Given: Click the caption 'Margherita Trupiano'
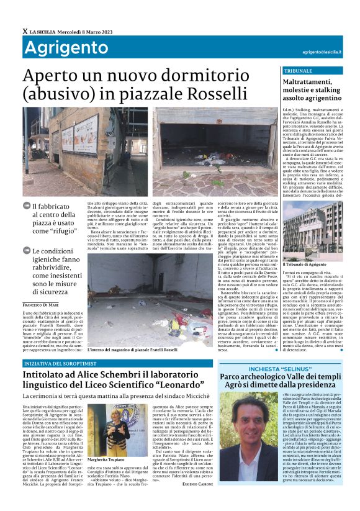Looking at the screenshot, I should tap(106, 451).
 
